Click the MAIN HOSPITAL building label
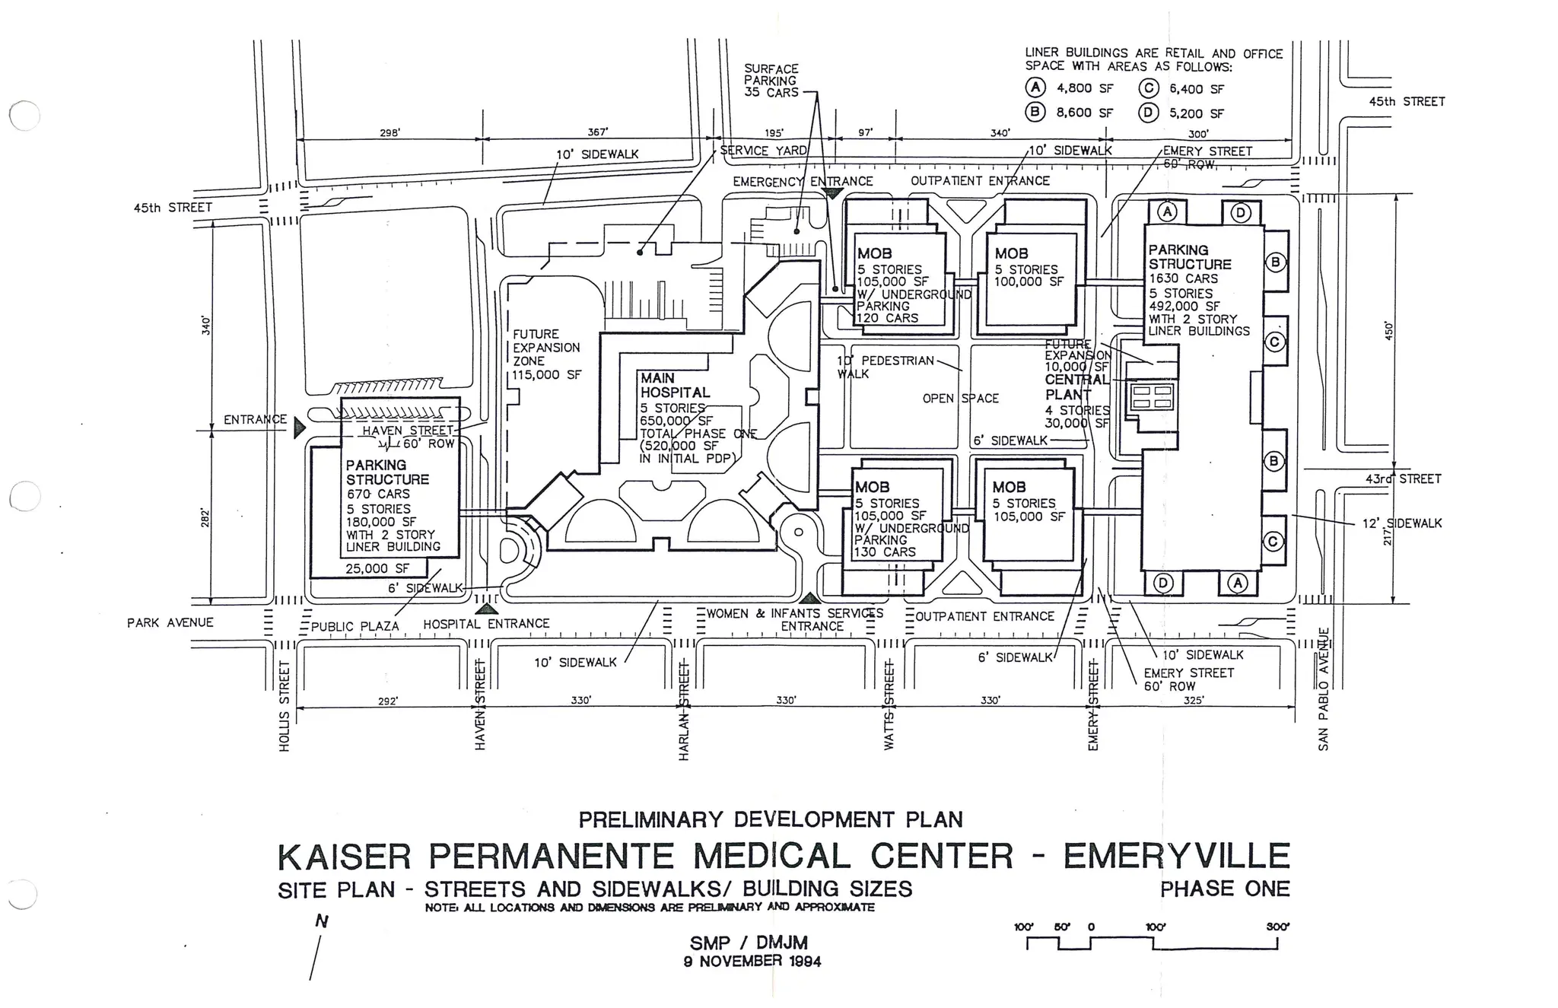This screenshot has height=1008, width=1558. click(x=674, y=385)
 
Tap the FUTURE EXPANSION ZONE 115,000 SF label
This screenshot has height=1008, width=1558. click(x=546, y=355)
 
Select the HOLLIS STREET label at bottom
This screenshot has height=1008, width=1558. click(x=285, y=705)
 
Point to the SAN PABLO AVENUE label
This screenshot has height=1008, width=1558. click(x=1324, y=688)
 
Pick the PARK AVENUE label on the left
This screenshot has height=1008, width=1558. click(x=170, y=623)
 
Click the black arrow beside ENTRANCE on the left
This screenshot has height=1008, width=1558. click(x=299, y=428)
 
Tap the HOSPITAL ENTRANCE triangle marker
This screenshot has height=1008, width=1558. click(x=485, y=607)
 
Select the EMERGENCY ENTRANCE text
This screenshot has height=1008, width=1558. click(x=802, y=182)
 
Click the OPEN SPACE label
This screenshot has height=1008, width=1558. click(x=960, y=399)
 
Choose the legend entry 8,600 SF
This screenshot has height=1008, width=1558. click(x=1084, y=113)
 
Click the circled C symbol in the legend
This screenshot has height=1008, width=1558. click(x=1148, y=89)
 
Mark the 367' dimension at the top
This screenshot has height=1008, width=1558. click(x=598, y=132)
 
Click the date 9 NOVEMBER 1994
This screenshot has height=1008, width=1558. click(x=752, y=962)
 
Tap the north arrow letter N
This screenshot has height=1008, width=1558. click(x=322, y=922)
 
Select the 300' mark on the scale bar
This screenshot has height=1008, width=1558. click(x=1277, y=927)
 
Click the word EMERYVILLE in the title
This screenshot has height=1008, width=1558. click(x=1176, y=857)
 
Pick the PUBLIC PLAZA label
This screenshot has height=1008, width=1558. click(x=355, y=627)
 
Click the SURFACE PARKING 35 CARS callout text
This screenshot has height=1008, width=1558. click(x=771, y=81)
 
